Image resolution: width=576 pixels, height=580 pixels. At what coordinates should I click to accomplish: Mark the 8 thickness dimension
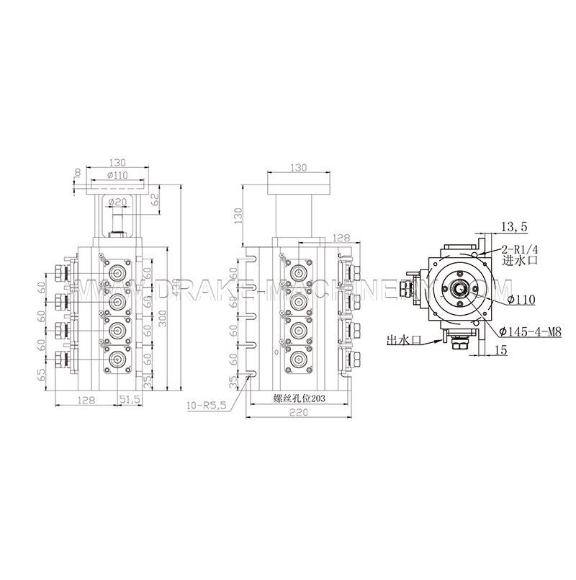point(76,174)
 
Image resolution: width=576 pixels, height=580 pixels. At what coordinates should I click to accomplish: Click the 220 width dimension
point(301,413)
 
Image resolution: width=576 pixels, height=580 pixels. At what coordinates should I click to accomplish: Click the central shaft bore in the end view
point(458,290)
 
